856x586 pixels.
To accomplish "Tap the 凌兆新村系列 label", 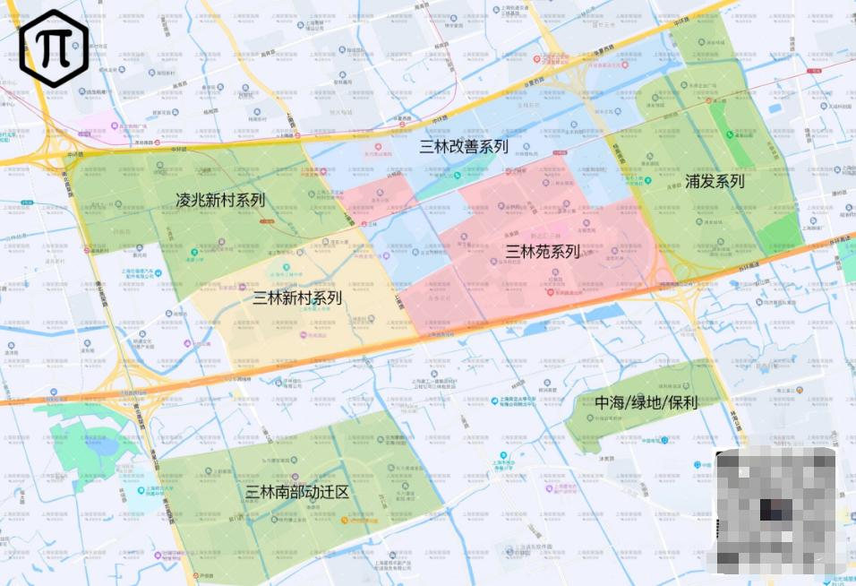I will point(220,199).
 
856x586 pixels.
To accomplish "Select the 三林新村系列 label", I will point(297,298).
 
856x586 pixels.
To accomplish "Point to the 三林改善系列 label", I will point(464,147).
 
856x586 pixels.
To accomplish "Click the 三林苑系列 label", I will point(543,252).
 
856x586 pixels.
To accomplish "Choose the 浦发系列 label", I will point(715,181).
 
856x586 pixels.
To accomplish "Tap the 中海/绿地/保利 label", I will point(646,403).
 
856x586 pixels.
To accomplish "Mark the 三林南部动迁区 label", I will point(297,492).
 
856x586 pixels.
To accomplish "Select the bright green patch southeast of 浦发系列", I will point(778,231).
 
